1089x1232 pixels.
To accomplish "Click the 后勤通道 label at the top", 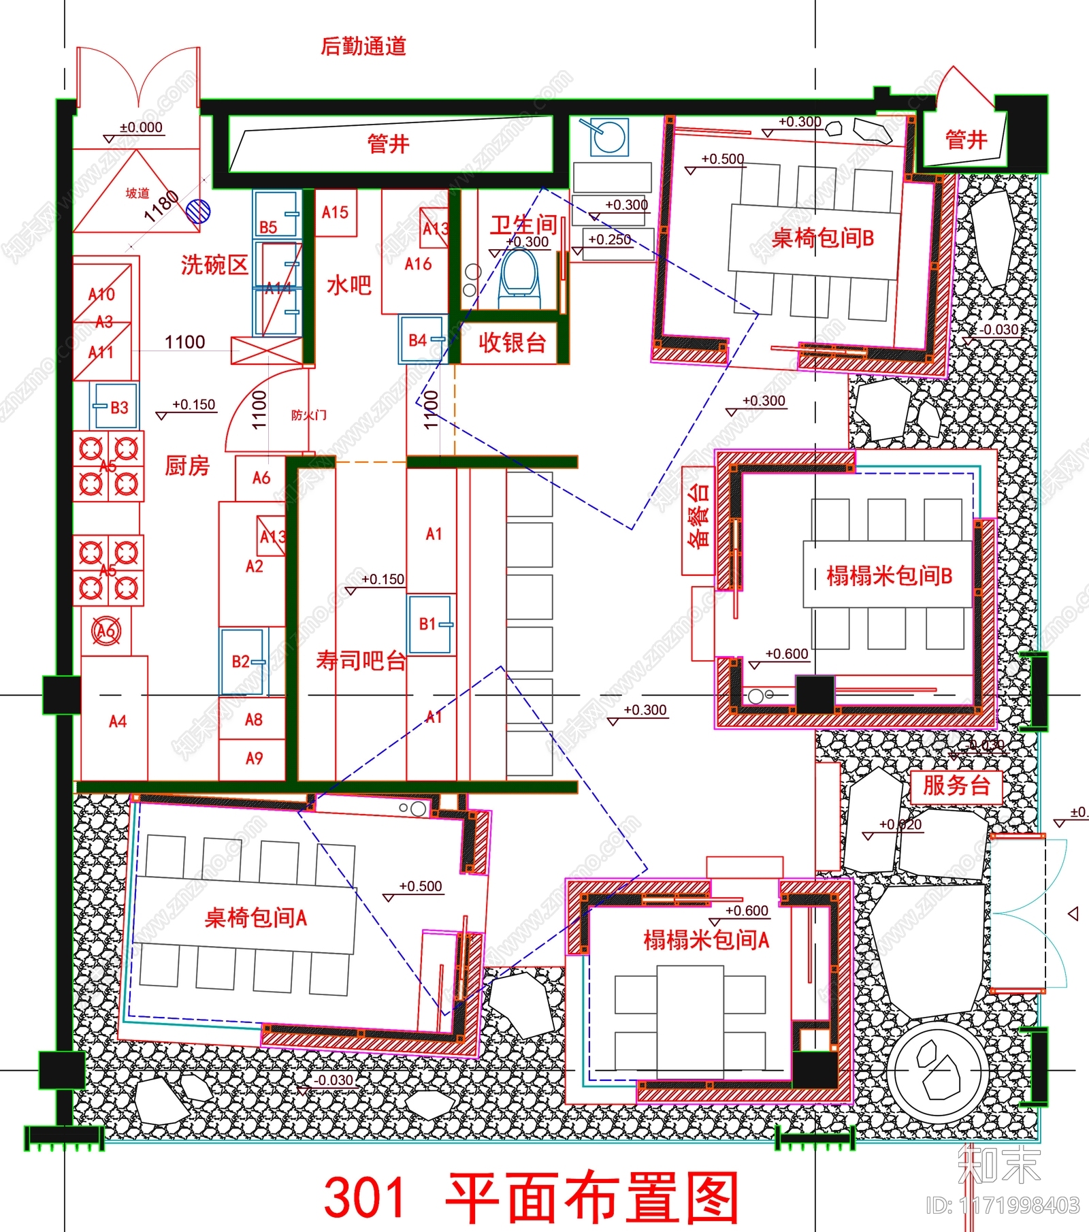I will click(x=363, y=46).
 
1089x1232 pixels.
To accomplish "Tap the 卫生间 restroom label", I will click(x=523, y=224).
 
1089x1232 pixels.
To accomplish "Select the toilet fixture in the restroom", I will click(x=519, y=276).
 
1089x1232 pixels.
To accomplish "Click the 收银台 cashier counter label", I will click(x=512, y=342).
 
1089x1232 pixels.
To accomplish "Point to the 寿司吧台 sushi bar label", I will click(x=361, y=660).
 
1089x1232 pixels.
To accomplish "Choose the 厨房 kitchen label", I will click(x=187, y=466).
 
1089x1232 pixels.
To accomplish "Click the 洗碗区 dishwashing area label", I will click(x=214, y=265).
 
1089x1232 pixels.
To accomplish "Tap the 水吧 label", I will click(x=349, y=285).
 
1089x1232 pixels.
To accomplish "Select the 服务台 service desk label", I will click(x=956, y=785).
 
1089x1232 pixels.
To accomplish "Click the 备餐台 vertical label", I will click(x=698, y=515).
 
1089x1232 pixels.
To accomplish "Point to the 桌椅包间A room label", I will click(x=256, y=918).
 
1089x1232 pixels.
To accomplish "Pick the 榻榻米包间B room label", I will click(x=889, y=576).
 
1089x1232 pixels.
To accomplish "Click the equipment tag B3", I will click(x=119, y=408).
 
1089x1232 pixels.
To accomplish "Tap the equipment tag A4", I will click(x=118, y=722).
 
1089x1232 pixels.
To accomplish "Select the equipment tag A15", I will click(x=335, y=212).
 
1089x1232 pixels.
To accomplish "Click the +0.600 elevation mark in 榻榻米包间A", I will click(x=747, y=911).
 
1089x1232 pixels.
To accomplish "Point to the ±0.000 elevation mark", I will click(x=141, y=127).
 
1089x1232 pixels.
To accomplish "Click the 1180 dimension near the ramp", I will click(x=162, y=207).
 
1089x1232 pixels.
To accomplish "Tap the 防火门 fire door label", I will click(x=309, y=415).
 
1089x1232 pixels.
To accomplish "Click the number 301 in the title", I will click(x=365, y=1196).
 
